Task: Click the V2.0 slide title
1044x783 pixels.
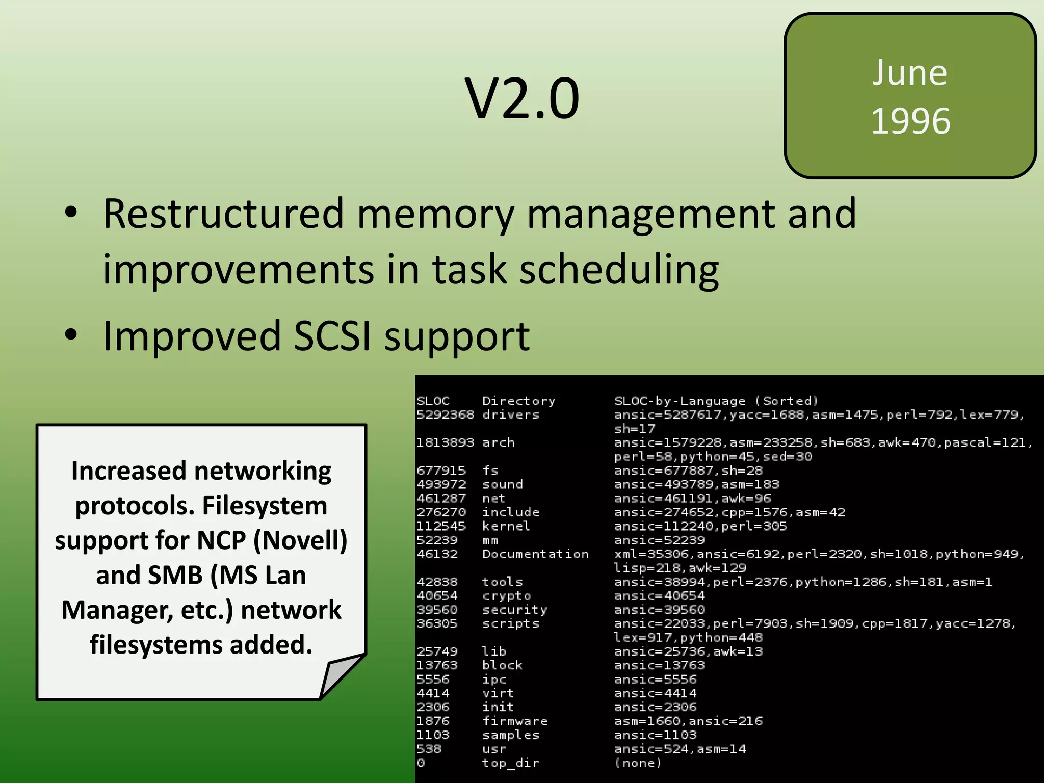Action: [x=522, y=98]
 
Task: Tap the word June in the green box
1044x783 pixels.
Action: [x=910, y=73]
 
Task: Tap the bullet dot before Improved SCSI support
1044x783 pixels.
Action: [x=71, y=335]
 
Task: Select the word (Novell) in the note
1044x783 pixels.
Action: [x=300, y=540]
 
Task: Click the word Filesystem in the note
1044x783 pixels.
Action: [x=265, y=506]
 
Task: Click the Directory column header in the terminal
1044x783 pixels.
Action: [x=518, y=401]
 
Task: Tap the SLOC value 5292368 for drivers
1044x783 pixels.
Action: [x=445, y=415]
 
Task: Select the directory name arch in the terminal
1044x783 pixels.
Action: [x=498, y=442]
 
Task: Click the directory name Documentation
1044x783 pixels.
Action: [x=535, y=554]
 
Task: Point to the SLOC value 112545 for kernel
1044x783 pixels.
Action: [x=441, y=526]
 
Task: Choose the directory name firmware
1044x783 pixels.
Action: [x=515, y=721]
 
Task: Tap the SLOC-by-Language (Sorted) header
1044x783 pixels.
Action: [x=716, y=401]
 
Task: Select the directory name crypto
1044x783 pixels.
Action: [x=506, y=595]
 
